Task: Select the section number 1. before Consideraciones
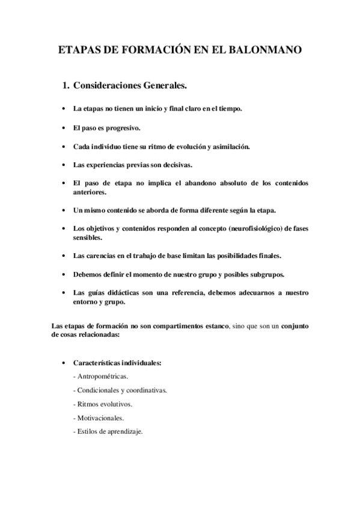[66, 87]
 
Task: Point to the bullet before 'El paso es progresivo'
[64, 128]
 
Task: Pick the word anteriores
[90, 192]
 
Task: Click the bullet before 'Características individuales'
[64, 363]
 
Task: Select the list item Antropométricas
[98, 376]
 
